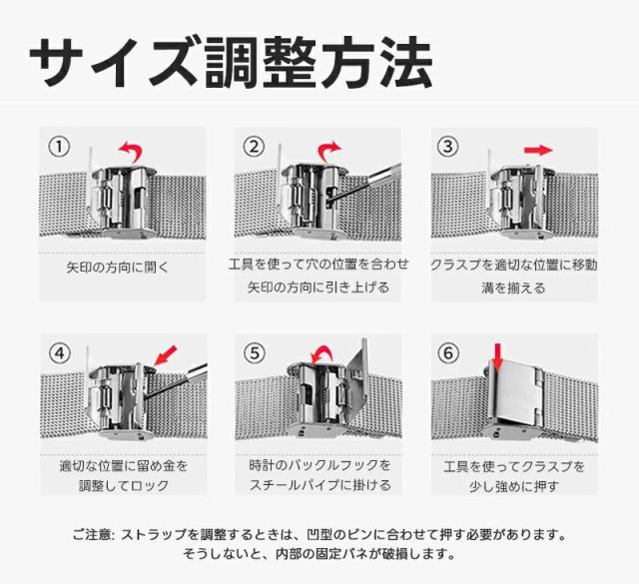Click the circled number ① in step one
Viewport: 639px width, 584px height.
pos(60,147)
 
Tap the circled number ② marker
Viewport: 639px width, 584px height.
pos(254,147)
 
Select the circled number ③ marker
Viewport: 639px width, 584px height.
pos(448,147)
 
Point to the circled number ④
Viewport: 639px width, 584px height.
pos(60,353)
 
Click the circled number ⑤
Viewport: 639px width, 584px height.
pos(255,353)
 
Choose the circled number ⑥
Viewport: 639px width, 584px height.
pos(448,353)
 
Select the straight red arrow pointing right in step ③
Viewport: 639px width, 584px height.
pos(538,151)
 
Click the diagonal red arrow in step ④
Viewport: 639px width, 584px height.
pos(167,354)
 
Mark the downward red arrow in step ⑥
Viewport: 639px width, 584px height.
pos(497,357)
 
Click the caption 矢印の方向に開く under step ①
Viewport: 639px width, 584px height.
pos(118,268)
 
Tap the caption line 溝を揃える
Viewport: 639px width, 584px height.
pos(513,289)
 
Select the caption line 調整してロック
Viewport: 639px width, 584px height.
pos(124,486)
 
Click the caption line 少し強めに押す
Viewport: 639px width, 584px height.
pos(514,486)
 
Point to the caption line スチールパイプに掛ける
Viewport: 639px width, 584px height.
pos(319,485)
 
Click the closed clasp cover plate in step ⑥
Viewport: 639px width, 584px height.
pos(518,393)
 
